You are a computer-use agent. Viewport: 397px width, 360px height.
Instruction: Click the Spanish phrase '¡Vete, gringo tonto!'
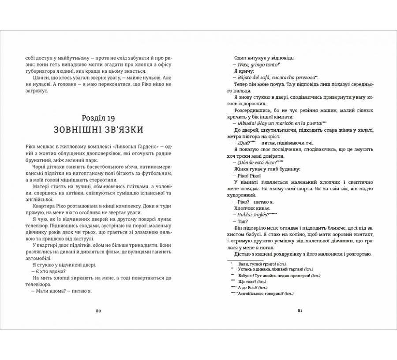click(x=255, y=65)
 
